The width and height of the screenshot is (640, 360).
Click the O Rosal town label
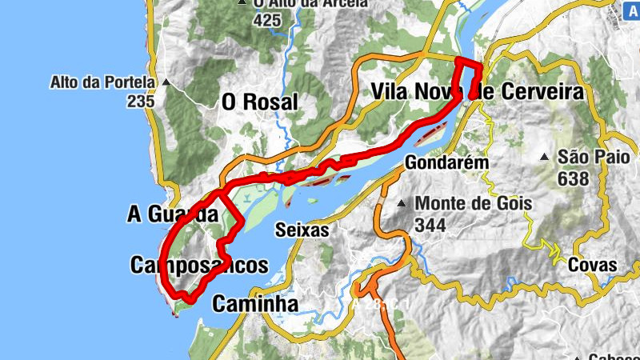point(259,102)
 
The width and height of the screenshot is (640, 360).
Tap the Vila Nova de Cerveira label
point(478,92)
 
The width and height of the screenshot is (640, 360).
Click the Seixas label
point(302,230)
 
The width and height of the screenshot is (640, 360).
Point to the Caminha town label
point(255,304)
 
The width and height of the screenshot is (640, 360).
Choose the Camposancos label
point(198,266)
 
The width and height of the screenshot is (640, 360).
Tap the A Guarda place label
point(172,214)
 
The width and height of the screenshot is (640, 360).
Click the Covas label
point(593,265)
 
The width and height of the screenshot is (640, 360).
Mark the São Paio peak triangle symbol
point(545,157)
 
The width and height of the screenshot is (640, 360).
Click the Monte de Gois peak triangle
point(402,203)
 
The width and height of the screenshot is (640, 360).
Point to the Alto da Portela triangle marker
point(166,82)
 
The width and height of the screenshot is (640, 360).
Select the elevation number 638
point(574,178)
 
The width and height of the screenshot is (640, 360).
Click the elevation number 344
point(430,226)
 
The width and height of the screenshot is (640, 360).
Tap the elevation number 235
point(140,102)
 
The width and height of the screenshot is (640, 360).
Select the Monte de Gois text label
point(474,203)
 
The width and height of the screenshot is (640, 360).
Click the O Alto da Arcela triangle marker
point(242,3)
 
